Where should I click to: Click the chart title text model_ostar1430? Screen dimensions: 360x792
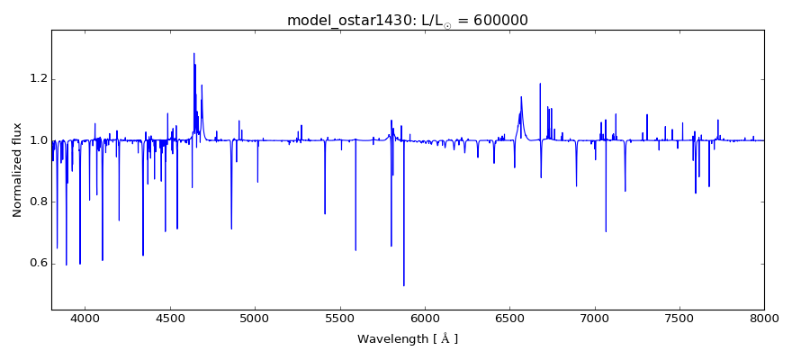(343, 20)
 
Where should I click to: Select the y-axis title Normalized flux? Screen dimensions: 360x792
(17, 169)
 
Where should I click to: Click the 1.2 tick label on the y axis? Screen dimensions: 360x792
(34, 79)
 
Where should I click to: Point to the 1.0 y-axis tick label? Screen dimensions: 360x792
(34, 140)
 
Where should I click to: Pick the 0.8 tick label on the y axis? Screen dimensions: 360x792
(34, 202)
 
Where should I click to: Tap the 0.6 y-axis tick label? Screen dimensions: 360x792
(34, 263)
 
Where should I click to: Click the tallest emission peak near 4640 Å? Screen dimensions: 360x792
(193, 53)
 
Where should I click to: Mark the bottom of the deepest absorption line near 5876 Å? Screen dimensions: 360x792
(403, 285)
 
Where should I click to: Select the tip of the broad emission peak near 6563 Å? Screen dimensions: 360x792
(521, 97)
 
